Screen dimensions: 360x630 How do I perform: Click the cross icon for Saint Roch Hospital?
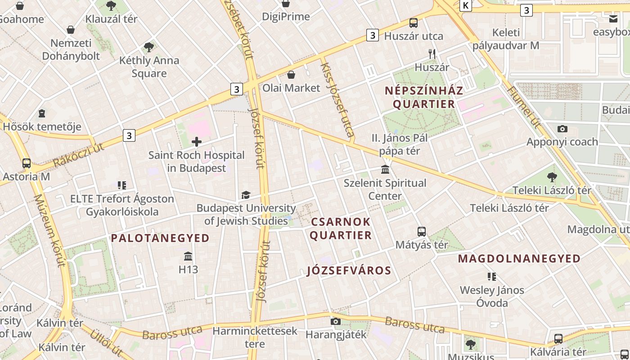tap(197, 142)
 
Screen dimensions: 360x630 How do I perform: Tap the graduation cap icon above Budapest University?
tap(246, 195)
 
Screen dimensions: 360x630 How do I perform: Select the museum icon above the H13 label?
tap(188, 256)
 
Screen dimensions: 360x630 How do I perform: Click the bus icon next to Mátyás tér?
tap(422, 232)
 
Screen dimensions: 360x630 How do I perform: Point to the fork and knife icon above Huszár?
tap(432, 54)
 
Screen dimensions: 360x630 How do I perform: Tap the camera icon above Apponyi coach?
tap(562, 129)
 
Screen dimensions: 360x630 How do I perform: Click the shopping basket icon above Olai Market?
tap(291, 75)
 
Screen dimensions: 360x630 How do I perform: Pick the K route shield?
tap(466, 5)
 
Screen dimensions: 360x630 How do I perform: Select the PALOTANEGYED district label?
tap(160, 238)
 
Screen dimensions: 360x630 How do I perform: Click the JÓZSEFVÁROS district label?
tap(349, 270)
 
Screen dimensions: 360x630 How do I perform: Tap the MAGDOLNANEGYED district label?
tap(519, 259)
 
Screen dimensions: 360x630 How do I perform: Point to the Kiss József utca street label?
tap(337, 99)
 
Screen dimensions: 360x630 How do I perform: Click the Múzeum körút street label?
tap(49, 230)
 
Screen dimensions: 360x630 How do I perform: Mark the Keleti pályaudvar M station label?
tap(505, 39)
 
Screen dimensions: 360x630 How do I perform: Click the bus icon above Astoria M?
tap(27, 163)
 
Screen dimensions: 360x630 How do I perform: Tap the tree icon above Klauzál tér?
tap(111, 6)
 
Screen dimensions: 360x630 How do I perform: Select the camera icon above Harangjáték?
tap(335, 321)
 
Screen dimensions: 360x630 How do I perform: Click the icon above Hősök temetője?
tap(42, 113)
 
